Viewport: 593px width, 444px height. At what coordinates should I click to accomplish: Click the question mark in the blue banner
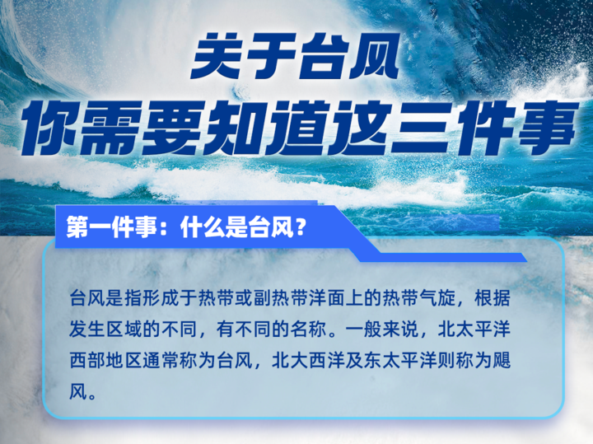click(x=301, y=227)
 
